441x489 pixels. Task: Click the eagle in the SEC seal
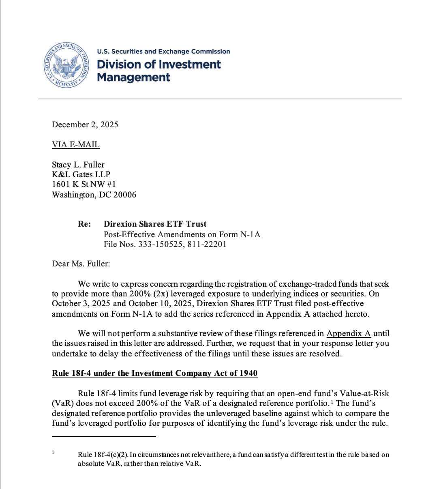pyautogui.click(x=66, y=66)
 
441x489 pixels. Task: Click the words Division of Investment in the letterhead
pyautogui.click(x=158, y=64)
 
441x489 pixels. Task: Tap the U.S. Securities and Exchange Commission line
pyautogui.click(x=163, y=51)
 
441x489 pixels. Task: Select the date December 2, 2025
pyautogui.click(x=85, y=124)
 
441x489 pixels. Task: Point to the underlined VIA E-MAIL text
pyautogui.click(x=76, y=145)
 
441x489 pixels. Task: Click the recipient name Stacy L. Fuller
pyautogui.click(x=78, y=165)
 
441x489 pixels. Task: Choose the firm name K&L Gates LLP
pyautogui.click(x=81, y=174)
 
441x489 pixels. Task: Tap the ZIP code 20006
pyautogui.click(x=124, y=195)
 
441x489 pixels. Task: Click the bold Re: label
pyautogui.click(x=84, y=224)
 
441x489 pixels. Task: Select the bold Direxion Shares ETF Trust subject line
pyautogui.click(x=155, y=224)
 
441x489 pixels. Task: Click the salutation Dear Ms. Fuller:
pyautogui.click(x=81, y=264)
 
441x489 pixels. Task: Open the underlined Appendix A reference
pyautogui.click(x=349, y=333)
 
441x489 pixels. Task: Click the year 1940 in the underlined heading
pyautogui.click(x=248, y=373)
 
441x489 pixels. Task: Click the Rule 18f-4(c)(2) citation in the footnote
pyautogui.click(x=103, y=455)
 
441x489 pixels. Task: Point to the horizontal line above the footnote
pyautogui.click(x=104, y=437)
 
